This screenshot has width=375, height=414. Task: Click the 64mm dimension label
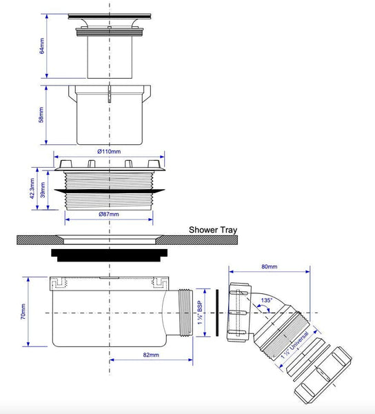[x=41, y=46]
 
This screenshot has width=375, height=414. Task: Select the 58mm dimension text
[x=41, y=115]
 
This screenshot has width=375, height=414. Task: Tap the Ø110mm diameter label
[x=109, y=152]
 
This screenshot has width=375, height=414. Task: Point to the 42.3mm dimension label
[x=32, y=188]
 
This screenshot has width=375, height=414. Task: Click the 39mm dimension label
[x=43, y=190]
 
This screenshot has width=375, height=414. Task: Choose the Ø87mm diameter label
[x=109, y=214]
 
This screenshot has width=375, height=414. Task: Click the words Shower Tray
[x=213, y=230]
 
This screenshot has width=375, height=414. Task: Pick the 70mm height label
[x=23, y=312]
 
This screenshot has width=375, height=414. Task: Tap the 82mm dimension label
[x=151, y=355]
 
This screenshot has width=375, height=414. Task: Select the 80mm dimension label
[x=270, y=266]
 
